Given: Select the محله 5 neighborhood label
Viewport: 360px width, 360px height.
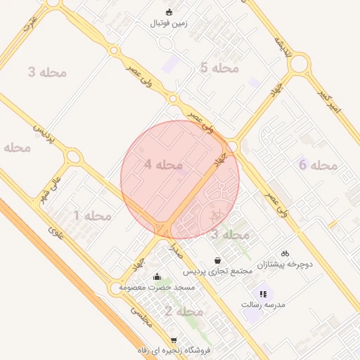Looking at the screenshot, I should tap(220, 68).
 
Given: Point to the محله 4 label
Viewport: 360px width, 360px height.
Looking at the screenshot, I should tap(164, 165).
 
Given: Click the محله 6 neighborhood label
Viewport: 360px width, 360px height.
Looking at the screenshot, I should tap(319, 165).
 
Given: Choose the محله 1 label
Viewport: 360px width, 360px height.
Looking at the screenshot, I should tap(92, 215).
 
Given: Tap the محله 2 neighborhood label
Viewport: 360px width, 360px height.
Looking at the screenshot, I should tap(184, 311).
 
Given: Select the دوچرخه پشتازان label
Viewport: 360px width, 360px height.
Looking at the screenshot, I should tap(284, 264).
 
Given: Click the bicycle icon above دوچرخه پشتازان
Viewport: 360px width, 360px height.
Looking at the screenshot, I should tap(285, 253).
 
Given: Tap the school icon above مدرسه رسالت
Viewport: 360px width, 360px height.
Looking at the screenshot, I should tap(263, 294).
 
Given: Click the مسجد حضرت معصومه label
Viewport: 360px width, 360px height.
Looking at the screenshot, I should tap(156, 288).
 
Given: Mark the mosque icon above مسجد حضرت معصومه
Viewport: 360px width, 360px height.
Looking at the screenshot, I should tap(156, 276).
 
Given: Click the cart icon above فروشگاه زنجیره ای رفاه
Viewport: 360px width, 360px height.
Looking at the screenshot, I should tap(174, 340).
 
